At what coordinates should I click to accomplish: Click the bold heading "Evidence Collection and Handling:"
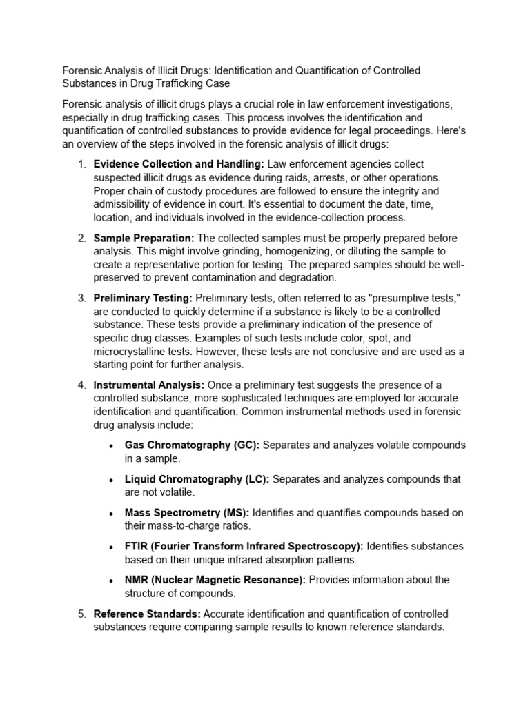179,164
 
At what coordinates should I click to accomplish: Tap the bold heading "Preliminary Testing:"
143,298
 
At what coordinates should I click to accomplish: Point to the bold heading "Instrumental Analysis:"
148,385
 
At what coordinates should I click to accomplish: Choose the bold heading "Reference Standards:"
147,614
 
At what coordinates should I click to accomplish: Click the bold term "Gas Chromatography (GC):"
192,445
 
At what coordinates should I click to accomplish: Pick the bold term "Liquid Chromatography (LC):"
197,479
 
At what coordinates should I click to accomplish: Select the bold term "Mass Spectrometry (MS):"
187,513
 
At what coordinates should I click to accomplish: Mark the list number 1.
81,164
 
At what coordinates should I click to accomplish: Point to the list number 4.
81,385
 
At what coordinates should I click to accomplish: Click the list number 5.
81,614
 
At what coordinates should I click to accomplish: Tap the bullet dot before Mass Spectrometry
111,514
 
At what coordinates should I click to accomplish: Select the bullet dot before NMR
111,581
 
